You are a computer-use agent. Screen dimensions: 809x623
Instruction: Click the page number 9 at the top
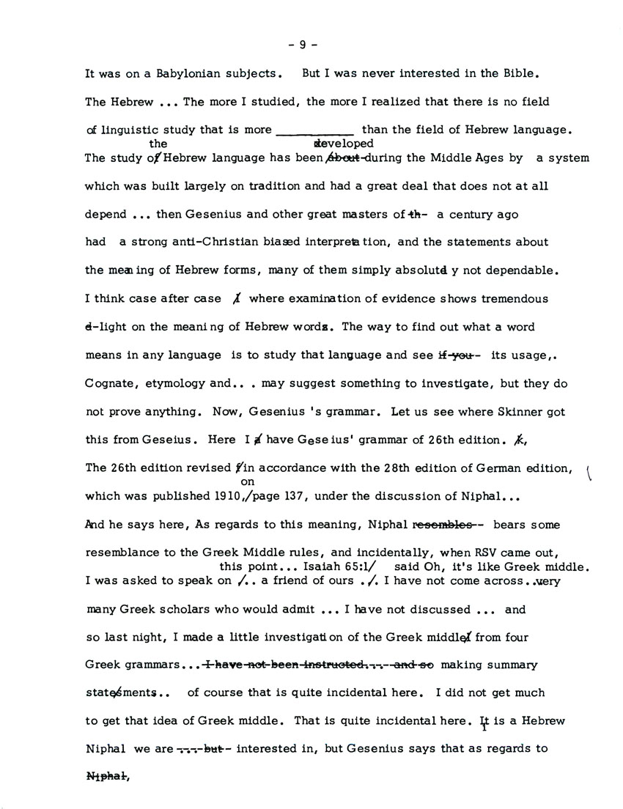click(302, 44)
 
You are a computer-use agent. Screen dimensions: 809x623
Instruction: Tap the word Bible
click(525, 74)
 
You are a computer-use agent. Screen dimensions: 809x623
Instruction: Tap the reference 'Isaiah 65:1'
click(344, 567)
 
